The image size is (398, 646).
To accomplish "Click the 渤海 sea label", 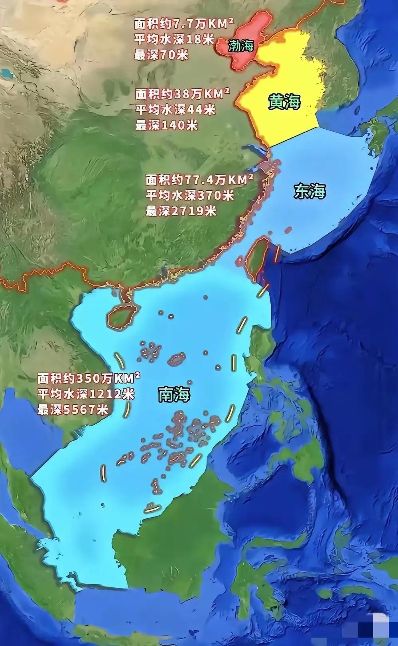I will click(x=241, y=46).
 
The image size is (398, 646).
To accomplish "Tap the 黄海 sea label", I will click(x=284, y=102).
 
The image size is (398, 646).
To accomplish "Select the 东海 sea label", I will click(x=310, y=192).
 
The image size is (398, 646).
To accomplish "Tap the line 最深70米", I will click(x=161, y=55).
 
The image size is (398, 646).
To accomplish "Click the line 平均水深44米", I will click(x=175, y=109).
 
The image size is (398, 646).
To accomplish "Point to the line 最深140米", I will click(x=166, y=125).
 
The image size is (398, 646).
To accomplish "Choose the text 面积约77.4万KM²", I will click(x=199, y=180).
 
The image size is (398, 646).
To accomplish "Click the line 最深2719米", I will click(x=181, y=211).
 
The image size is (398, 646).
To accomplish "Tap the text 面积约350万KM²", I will click(x=89, y=377).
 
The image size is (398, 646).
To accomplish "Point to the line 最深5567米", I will click(x=73, y=409).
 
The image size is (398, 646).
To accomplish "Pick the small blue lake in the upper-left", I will click(x=6, y=73).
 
